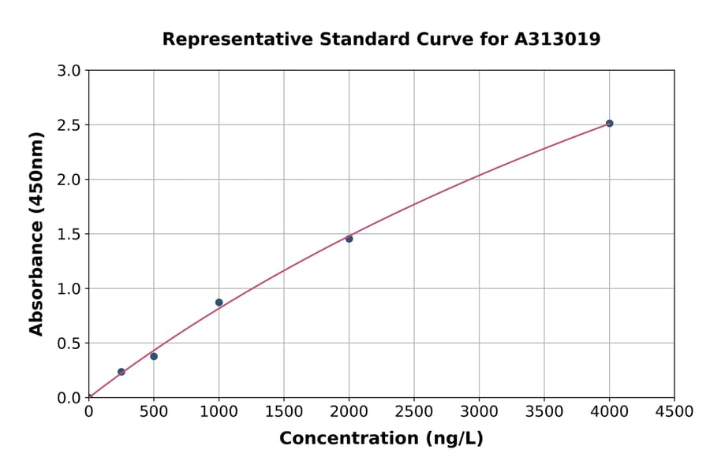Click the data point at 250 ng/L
121,372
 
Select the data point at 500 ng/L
154,356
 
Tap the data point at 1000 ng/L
219,303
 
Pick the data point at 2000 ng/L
349,239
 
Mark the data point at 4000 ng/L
609,124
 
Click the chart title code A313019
557,39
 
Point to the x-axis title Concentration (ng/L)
381,439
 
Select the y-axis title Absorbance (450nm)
36,234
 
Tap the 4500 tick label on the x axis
674,412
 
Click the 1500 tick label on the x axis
284,412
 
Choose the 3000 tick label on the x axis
479,412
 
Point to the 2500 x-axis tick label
414,412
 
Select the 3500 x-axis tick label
544,412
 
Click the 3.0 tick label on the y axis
70,71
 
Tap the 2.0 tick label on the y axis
70,180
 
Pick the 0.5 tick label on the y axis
70,344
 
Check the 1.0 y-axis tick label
70,289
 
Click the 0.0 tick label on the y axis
70,398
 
